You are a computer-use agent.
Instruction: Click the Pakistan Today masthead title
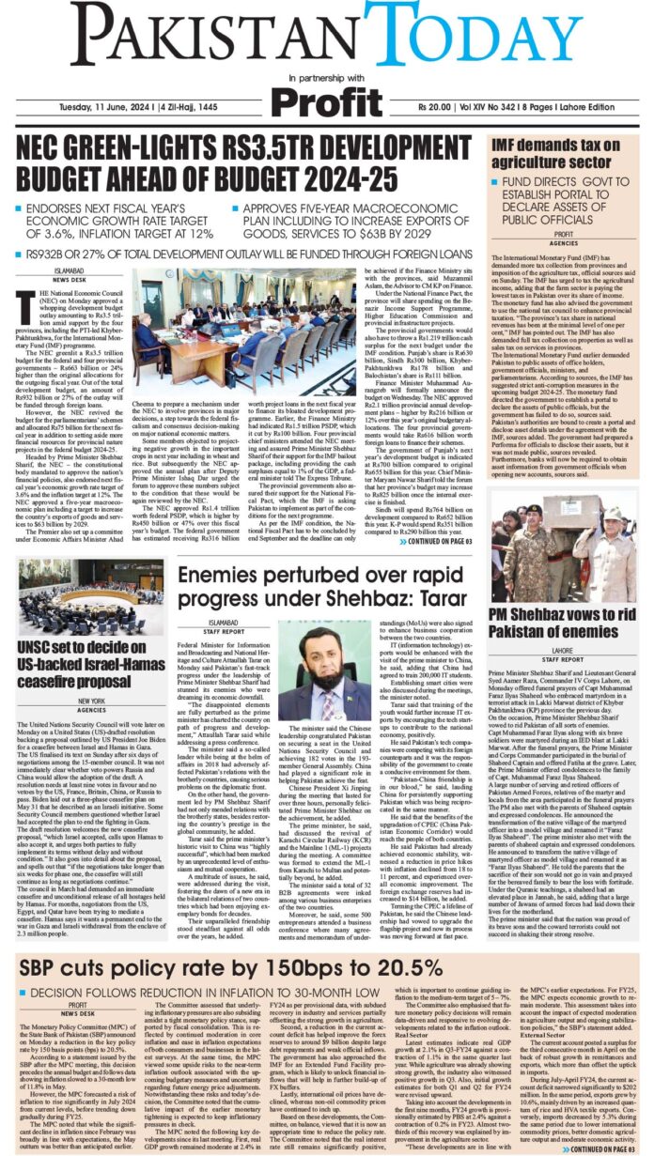(x=326, y=36)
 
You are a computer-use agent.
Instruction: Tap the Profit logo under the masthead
(x=326, y=100)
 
